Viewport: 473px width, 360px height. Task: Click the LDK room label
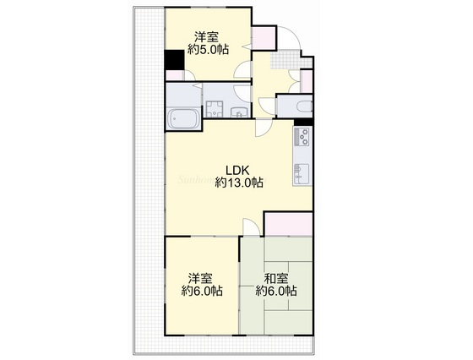pos(237,171)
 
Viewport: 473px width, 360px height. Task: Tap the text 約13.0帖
pos(239,183)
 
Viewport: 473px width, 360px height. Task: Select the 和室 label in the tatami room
pos(275,279)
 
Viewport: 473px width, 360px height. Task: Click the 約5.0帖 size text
pos(208,49)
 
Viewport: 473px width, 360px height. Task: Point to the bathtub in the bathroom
pos(183,118)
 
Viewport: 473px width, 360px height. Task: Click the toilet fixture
pos(304,106)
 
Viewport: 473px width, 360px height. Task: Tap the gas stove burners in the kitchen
pos(302,137)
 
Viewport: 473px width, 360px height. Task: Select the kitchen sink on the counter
pos(302,174)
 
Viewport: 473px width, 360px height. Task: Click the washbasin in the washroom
pos(240,112)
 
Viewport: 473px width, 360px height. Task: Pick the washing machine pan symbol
pos(215,109)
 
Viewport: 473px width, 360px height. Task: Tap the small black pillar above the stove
pos(303,122)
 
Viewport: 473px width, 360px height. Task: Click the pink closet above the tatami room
pos(288,224)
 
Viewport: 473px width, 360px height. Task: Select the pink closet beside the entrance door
pos(264,38)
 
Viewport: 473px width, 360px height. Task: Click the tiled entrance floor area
pos(291,59)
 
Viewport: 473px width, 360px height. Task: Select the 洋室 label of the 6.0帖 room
pos(200,278)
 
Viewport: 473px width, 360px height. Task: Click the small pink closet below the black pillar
pos(174,75)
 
